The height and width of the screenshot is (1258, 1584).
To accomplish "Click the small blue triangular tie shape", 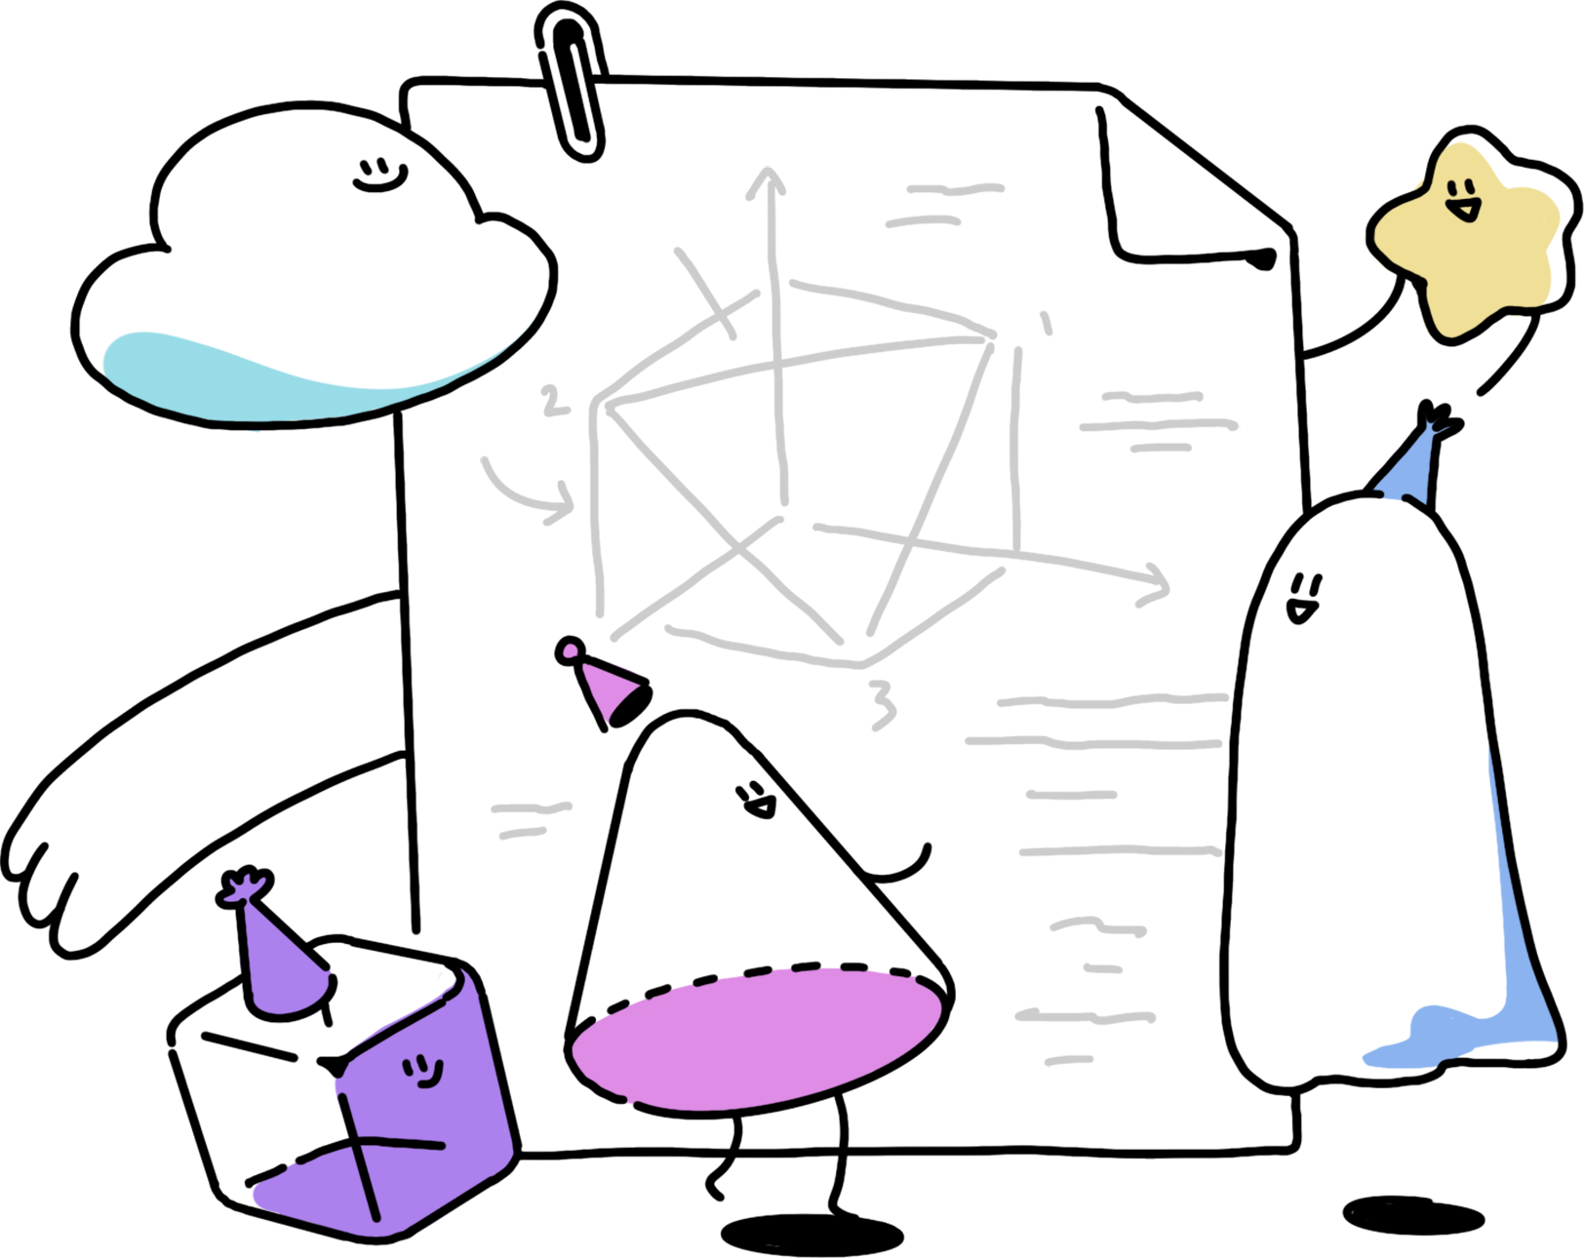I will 1409,466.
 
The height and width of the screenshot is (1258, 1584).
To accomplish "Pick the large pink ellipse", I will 756,1040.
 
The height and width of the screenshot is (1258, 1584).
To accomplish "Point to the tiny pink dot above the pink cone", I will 571,649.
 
